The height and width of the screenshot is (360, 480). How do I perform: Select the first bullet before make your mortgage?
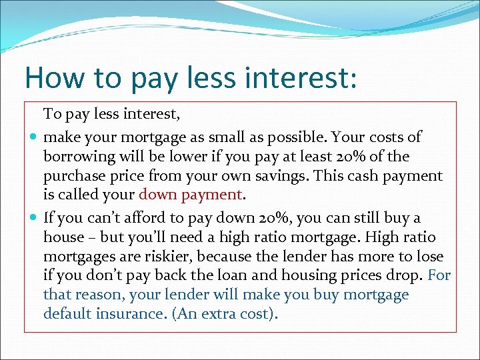[x=33, y=137]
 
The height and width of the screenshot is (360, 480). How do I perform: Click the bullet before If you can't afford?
[x=33, y=218]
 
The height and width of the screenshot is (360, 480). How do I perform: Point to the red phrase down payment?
[x=190, y=195]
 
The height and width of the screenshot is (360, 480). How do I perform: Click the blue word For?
[x=439, y=275]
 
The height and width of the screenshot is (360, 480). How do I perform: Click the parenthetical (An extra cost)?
[x=224, y=313]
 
